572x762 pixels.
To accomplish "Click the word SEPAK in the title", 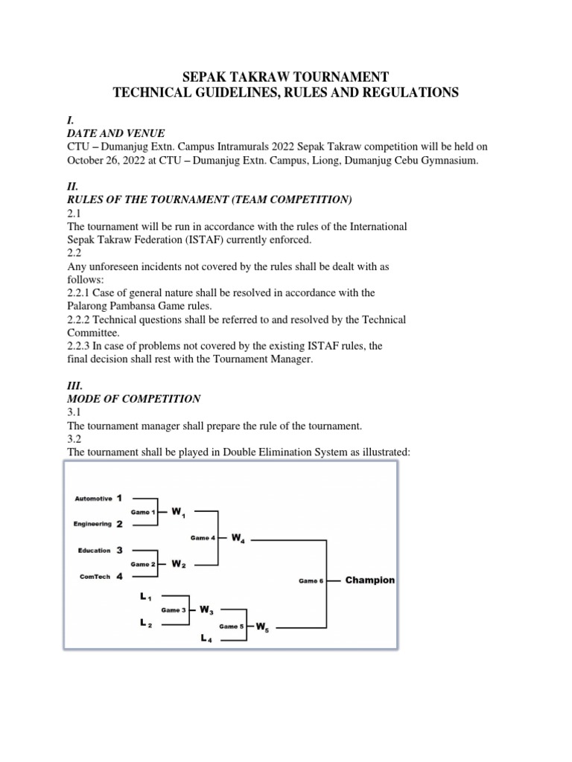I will [x=207, y=77].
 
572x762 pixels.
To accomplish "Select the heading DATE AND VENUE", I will [x=111, y=133].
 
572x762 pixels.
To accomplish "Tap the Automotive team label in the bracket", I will [x=93, y=498].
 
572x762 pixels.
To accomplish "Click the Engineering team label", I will [x=92, y=524].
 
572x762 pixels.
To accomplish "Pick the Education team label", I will [x=94, y=551].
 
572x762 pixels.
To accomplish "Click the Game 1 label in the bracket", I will [x=143, y=512].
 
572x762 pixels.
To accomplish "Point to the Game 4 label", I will [x=203, y=537].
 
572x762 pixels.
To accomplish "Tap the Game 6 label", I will [x=311, y=581].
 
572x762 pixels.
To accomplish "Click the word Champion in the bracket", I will [x=369, y=580].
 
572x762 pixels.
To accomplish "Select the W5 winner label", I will [x=262, y=627].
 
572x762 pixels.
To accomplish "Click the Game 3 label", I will [x=174, y=610].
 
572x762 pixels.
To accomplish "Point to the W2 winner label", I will [x=178, y=564].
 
